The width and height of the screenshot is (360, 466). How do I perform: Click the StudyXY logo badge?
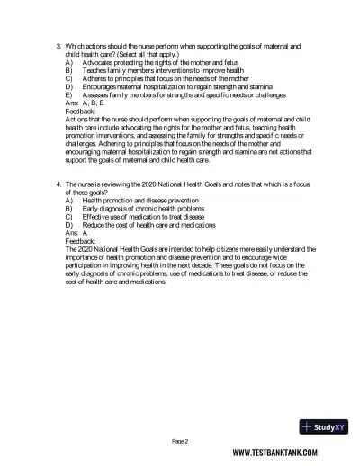319,427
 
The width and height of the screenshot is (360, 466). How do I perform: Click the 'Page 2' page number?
179,441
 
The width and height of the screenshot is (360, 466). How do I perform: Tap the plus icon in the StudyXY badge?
309,427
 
